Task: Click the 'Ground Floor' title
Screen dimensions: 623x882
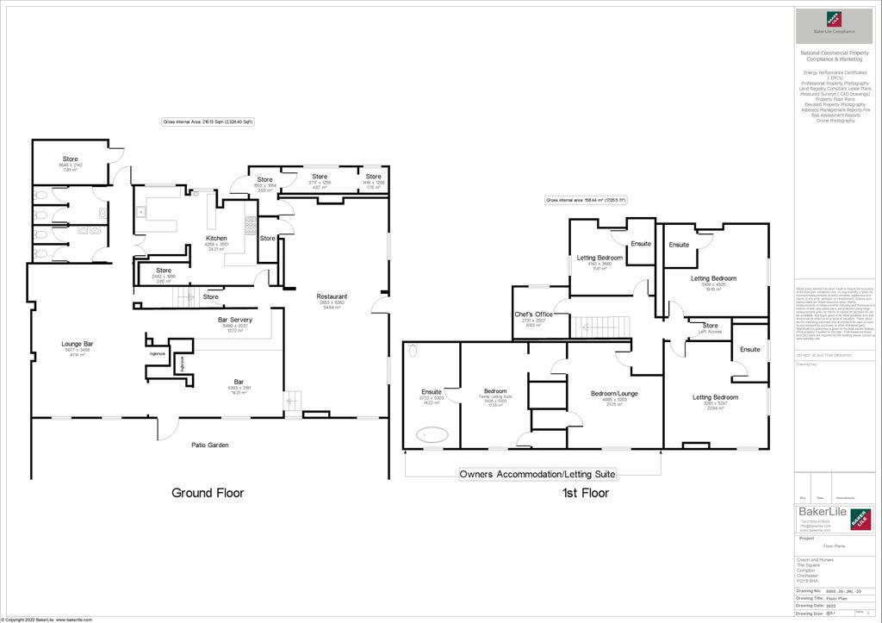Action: click(208, 493)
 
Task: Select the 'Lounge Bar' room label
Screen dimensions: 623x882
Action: click(77, 344)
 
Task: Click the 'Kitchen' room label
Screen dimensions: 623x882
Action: click(216, 238)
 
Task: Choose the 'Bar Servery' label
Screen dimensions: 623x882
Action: click(234, 320)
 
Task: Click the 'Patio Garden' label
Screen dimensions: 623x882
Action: click(209, 445)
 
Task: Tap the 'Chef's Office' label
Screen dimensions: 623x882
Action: click(533, 315)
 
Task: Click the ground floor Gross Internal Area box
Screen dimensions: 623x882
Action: click(208, 122)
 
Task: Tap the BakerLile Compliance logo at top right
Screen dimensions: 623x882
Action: click(833, 22)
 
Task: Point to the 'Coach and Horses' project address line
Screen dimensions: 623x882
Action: click(816, 559)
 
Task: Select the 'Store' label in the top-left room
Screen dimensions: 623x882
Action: click(70, 159)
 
